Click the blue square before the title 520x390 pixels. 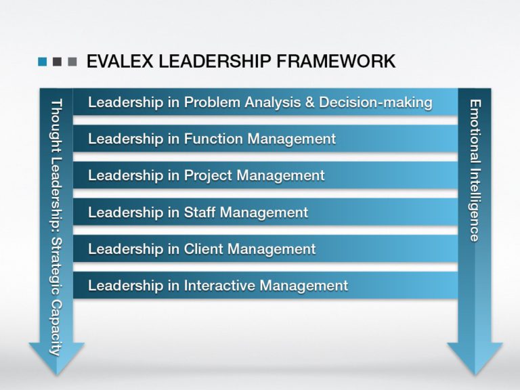click(x=43, y=62)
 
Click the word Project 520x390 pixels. click(x=207, y=176)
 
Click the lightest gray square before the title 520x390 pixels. click(x=72, y=62)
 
